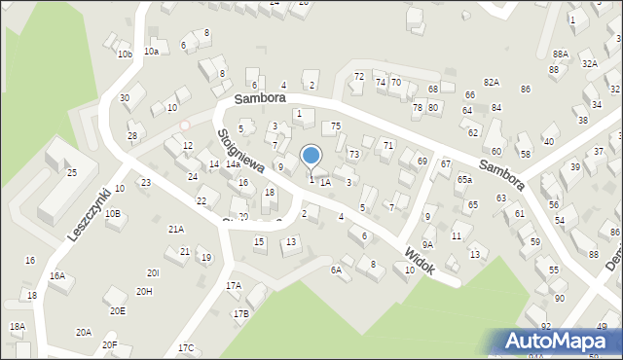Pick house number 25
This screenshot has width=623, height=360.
pos(71,172)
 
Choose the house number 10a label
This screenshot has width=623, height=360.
pos(151,51)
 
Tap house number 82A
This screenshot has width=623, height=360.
pos(491,83)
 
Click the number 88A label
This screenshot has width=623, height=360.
pos(560,54)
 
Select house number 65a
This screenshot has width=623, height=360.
pos(465,180)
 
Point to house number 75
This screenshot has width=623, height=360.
pos(335,126)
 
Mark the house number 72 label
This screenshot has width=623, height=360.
pos(358,76)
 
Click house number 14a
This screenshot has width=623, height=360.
pos(233,164)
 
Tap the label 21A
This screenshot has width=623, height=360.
pos(175,230)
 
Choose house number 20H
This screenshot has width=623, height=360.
pos(144,291)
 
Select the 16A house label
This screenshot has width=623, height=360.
pos(57,276)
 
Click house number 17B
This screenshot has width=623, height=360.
pos(240,313)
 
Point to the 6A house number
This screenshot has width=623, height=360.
pos(336,270)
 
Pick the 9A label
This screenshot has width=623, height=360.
pos(427,244)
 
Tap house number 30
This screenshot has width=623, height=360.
pos(125,98)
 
